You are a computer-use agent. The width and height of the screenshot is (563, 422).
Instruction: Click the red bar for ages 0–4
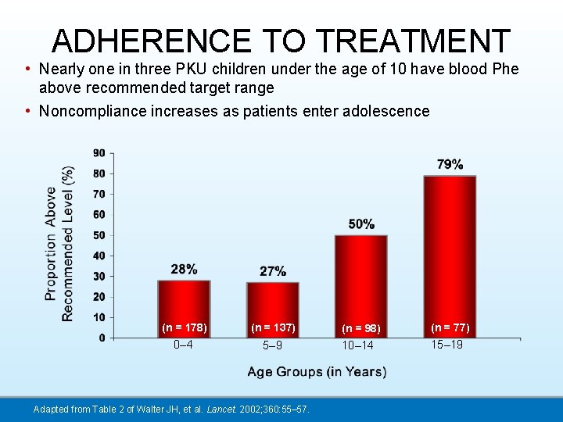(184, 305)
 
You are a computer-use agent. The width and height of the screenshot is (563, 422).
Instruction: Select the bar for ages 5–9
(272, 306)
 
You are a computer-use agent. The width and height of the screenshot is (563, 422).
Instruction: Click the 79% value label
(450, 164)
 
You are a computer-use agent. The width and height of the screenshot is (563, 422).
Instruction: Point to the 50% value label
(360, 224)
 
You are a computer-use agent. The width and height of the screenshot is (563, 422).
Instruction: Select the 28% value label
(184, 270)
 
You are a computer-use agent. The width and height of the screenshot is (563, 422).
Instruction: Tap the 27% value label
(272, 271)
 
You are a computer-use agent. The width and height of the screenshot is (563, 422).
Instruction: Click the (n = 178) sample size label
(184, 327)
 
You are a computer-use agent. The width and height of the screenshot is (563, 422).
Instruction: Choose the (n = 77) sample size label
(450, 327)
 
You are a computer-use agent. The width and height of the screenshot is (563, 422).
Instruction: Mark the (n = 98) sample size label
(360, 328)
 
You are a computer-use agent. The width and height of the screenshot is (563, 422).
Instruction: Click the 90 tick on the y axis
(100, 153)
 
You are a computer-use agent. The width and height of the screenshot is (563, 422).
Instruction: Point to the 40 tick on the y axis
(100, 256)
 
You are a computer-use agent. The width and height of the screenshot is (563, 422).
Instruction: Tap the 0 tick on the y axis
(102, 338)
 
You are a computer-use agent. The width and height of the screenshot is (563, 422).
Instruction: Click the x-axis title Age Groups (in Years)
(317, 372)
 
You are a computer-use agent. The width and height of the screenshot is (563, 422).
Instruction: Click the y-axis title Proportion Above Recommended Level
(59, 243)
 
